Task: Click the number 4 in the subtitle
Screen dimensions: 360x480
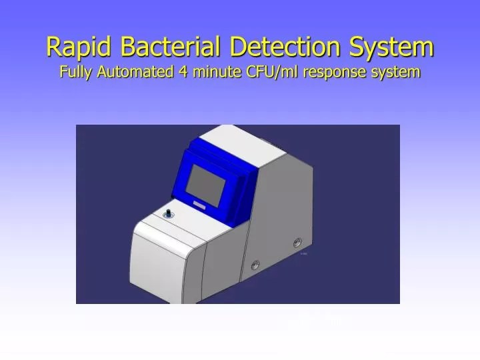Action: pos(183,72)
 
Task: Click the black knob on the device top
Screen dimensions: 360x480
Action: pos(168,214)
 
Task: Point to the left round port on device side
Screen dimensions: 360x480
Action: pos(255,266)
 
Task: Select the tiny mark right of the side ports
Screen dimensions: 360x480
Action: pos(303,254)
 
